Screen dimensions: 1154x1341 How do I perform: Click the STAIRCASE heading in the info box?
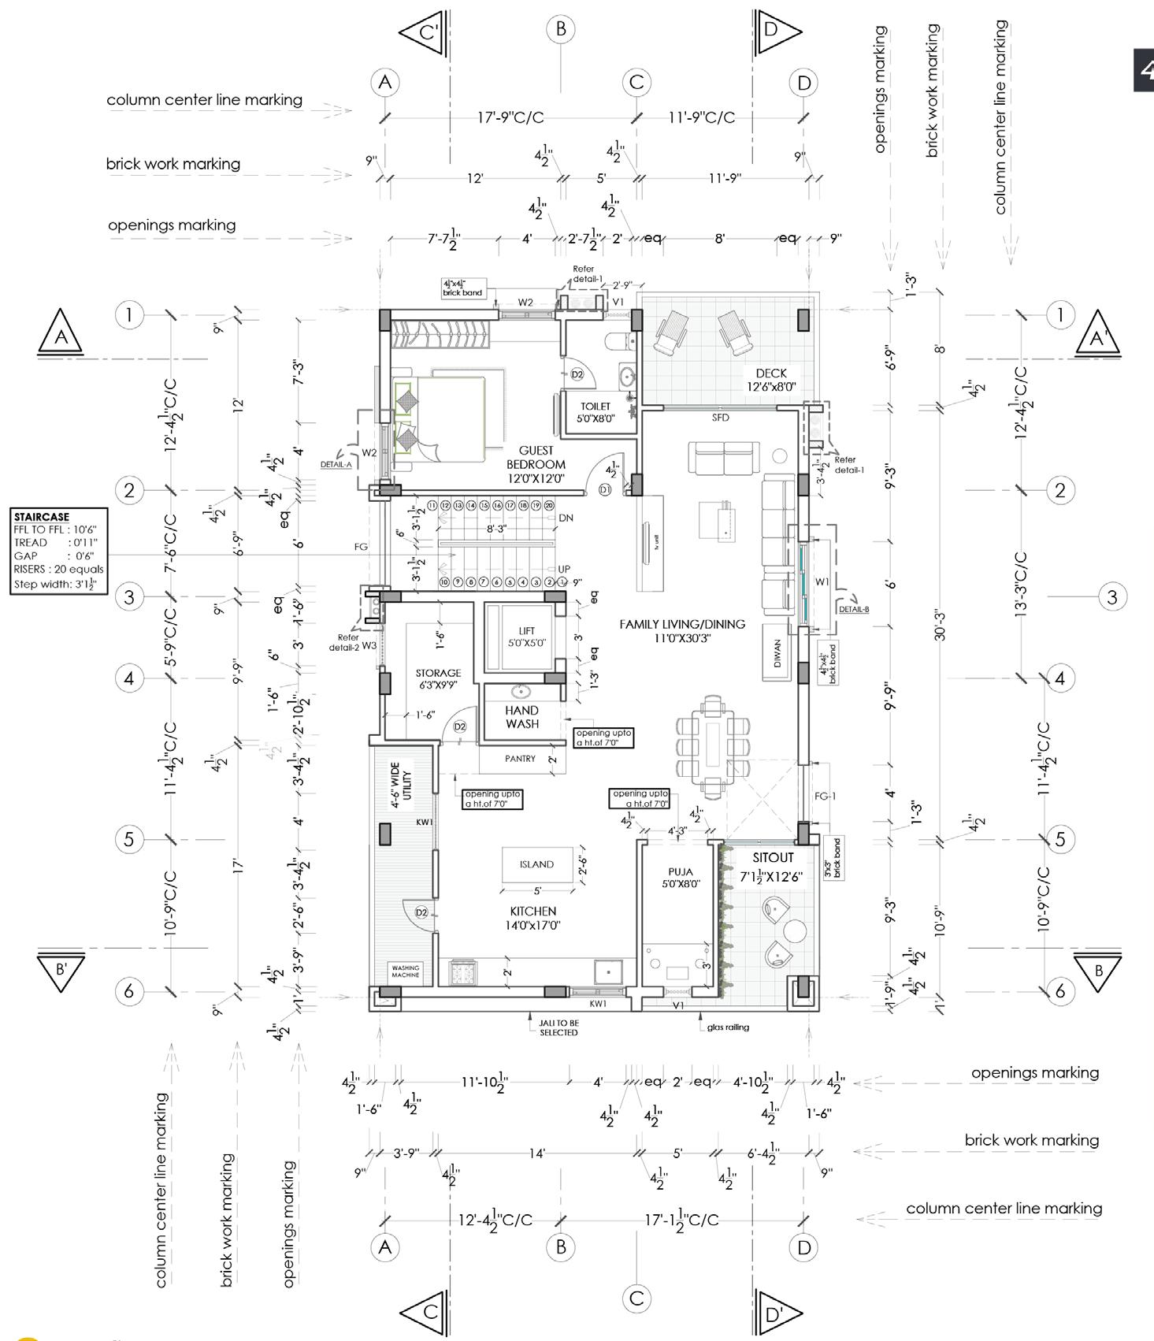coord(42,517)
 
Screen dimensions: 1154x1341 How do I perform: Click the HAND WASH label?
coord(522,717)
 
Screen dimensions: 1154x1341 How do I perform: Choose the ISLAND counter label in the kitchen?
coord(536,864)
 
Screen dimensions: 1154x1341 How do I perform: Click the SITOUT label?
coord(773,857)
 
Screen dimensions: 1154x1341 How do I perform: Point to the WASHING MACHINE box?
coord(406,971)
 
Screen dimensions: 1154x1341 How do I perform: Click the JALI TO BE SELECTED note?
coord(558,1027)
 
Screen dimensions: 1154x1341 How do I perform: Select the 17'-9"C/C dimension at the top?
coord(510,118)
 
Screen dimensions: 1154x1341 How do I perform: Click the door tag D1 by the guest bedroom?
coord(605,490)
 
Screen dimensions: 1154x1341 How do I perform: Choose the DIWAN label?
coord(777,653)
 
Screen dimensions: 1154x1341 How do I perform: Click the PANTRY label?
coord(520,759)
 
